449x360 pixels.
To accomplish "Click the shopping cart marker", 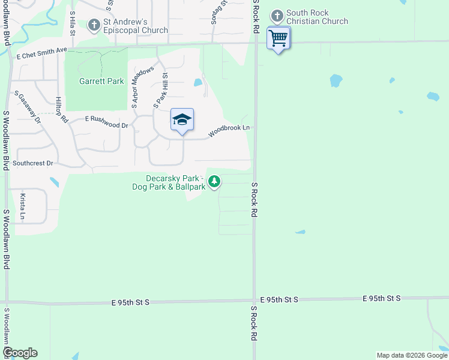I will [279, 38].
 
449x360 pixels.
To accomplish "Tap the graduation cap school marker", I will [182, 119].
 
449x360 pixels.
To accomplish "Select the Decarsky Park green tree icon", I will [214, 181].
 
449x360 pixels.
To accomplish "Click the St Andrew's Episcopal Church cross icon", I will [94, 25].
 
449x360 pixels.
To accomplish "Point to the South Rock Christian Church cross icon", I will [277, 16].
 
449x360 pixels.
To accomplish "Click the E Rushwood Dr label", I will [107, 122].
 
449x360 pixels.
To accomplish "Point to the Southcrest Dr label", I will [33, 163].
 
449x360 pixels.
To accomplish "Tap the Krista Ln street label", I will [23, 206].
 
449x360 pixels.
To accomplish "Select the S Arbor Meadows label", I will [143, 88].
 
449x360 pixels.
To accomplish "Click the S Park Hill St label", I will [161, 90].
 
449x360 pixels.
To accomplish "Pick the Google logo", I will [20, 353].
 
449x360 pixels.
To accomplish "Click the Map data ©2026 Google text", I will [411, 355].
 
